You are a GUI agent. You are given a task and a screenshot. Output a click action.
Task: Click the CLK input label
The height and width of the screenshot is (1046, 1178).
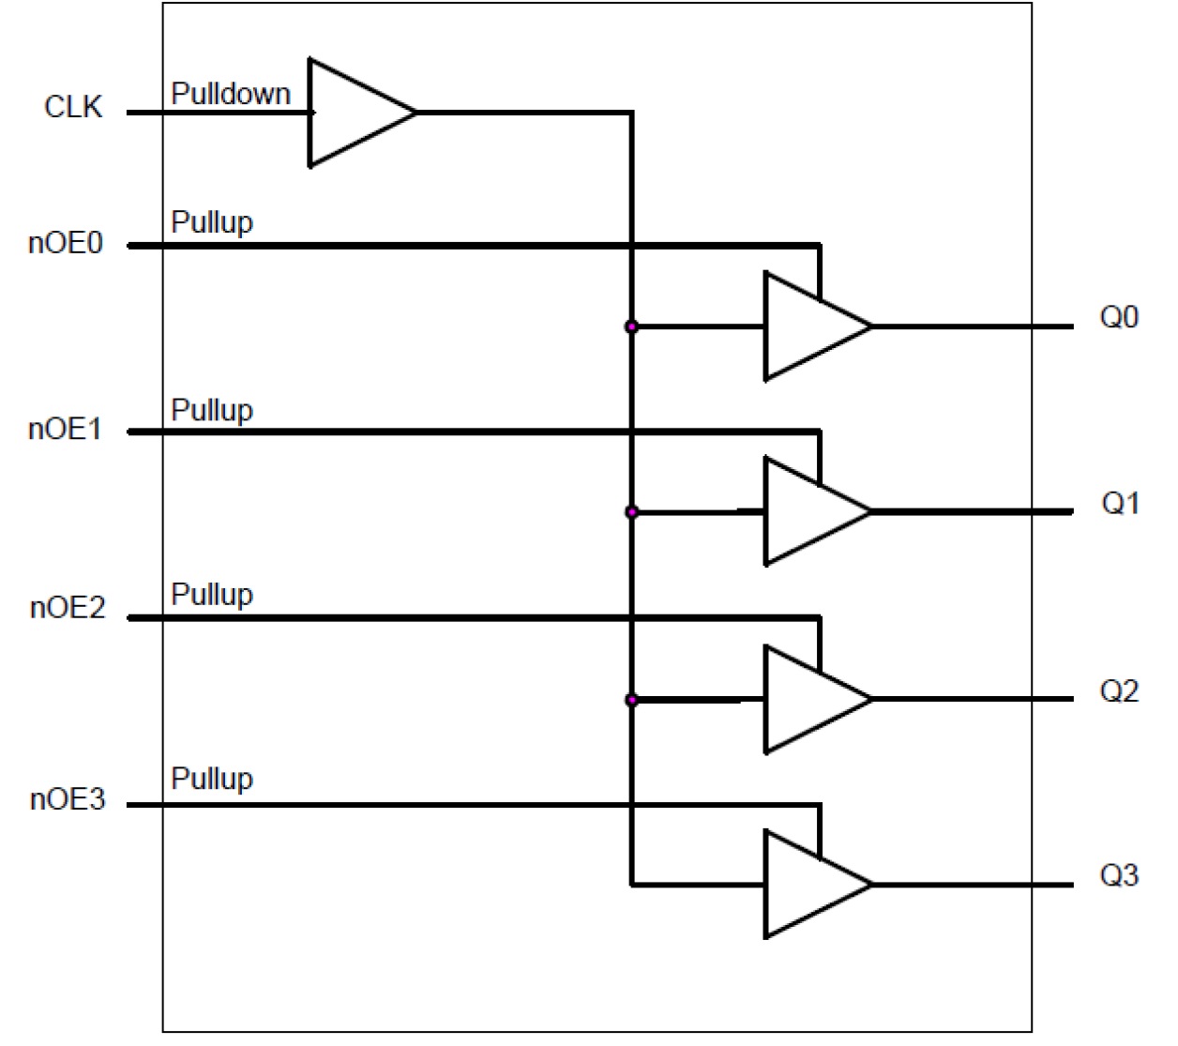[x=73, y=108]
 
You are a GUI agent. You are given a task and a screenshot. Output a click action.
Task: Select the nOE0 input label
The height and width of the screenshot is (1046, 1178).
[x=66, y=244]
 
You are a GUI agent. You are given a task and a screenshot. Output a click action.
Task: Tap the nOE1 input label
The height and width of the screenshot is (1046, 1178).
[x=66, y=430]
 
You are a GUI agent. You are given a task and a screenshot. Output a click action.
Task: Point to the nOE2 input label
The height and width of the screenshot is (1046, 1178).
[x=68, y=609]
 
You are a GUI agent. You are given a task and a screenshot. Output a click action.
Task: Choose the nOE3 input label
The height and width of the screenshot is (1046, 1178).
[x=68, y=800]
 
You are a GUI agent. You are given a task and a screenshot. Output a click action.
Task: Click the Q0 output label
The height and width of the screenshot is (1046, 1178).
[x=1119, y=318]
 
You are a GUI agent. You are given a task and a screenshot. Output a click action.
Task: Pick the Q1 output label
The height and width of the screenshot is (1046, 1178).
[x=1120, y=504]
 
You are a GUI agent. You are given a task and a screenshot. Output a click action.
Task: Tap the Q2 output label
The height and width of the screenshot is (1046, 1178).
[x=1119, y=691]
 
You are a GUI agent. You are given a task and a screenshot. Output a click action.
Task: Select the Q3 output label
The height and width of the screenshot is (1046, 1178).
[x=1119, y=875]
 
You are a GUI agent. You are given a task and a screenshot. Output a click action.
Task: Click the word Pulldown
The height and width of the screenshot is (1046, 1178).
[x=231, y=94]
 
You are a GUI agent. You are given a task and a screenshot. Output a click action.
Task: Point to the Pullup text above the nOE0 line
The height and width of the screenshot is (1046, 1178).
[x=212, y=223]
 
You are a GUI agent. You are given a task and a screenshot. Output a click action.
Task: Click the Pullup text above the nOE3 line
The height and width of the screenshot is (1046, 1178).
[x=212, y=780]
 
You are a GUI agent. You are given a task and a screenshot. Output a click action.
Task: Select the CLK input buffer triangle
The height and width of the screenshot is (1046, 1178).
[x=351, y=113]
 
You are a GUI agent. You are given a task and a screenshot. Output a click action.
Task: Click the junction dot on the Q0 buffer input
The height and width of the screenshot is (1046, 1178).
[x=631, y=326]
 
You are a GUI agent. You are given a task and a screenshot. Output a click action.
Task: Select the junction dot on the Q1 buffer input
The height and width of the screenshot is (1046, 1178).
[x=631, y=512]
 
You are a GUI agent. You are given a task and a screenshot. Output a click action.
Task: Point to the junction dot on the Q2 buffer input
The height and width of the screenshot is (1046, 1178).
[x=631, y=700]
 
